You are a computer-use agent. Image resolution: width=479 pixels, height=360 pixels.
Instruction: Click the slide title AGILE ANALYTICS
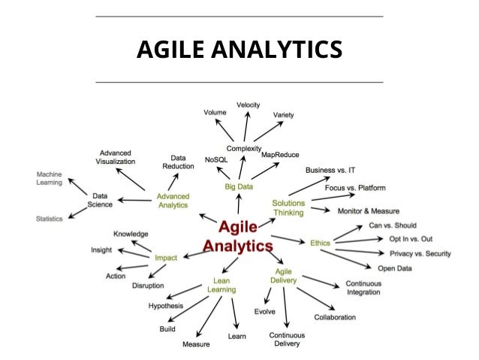click(x=239, y=50)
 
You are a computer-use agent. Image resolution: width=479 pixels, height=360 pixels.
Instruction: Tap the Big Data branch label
click(x=239, y=184)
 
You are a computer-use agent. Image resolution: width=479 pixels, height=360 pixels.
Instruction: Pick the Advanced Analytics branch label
click(x=173, y=201)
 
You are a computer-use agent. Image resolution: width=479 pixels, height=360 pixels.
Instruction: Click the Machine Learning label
click(x=49, y=179)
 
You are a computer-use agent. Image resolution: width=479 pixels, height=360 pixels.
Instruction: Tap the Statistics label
click(x=49, y=219)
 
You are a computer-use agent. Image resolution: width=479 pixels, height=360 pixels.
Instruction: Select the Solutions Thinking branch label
click(x=288, y=207)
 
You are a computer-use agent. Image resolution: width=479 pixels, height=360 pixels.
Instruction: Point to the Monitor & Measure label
click(x=368, y=211)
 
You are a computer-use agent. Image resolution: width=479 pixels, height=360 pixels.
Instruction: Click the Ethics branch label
click(x=320, y=242)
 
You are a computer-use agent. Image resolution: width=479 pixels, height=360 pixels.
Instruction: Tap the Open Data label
click(x=395, y=268)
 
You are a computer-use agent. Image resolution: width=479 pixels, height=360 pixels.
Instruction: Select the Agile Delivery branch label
click(x=283, y=275)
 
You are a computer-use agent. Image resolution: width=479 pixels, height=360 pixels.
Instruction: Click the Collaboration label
click(x=335, y=317)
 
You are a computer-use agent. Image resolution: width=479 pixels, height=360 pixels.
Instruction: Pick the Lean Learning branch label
click(x=221, y=285)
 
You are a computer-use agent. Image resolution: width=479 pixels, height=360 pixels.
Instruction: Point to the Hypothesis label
click(x=166, y=306)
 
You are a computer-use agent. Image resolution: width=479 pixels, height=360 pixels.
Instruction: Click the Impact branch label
click(x=166, y=258)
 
